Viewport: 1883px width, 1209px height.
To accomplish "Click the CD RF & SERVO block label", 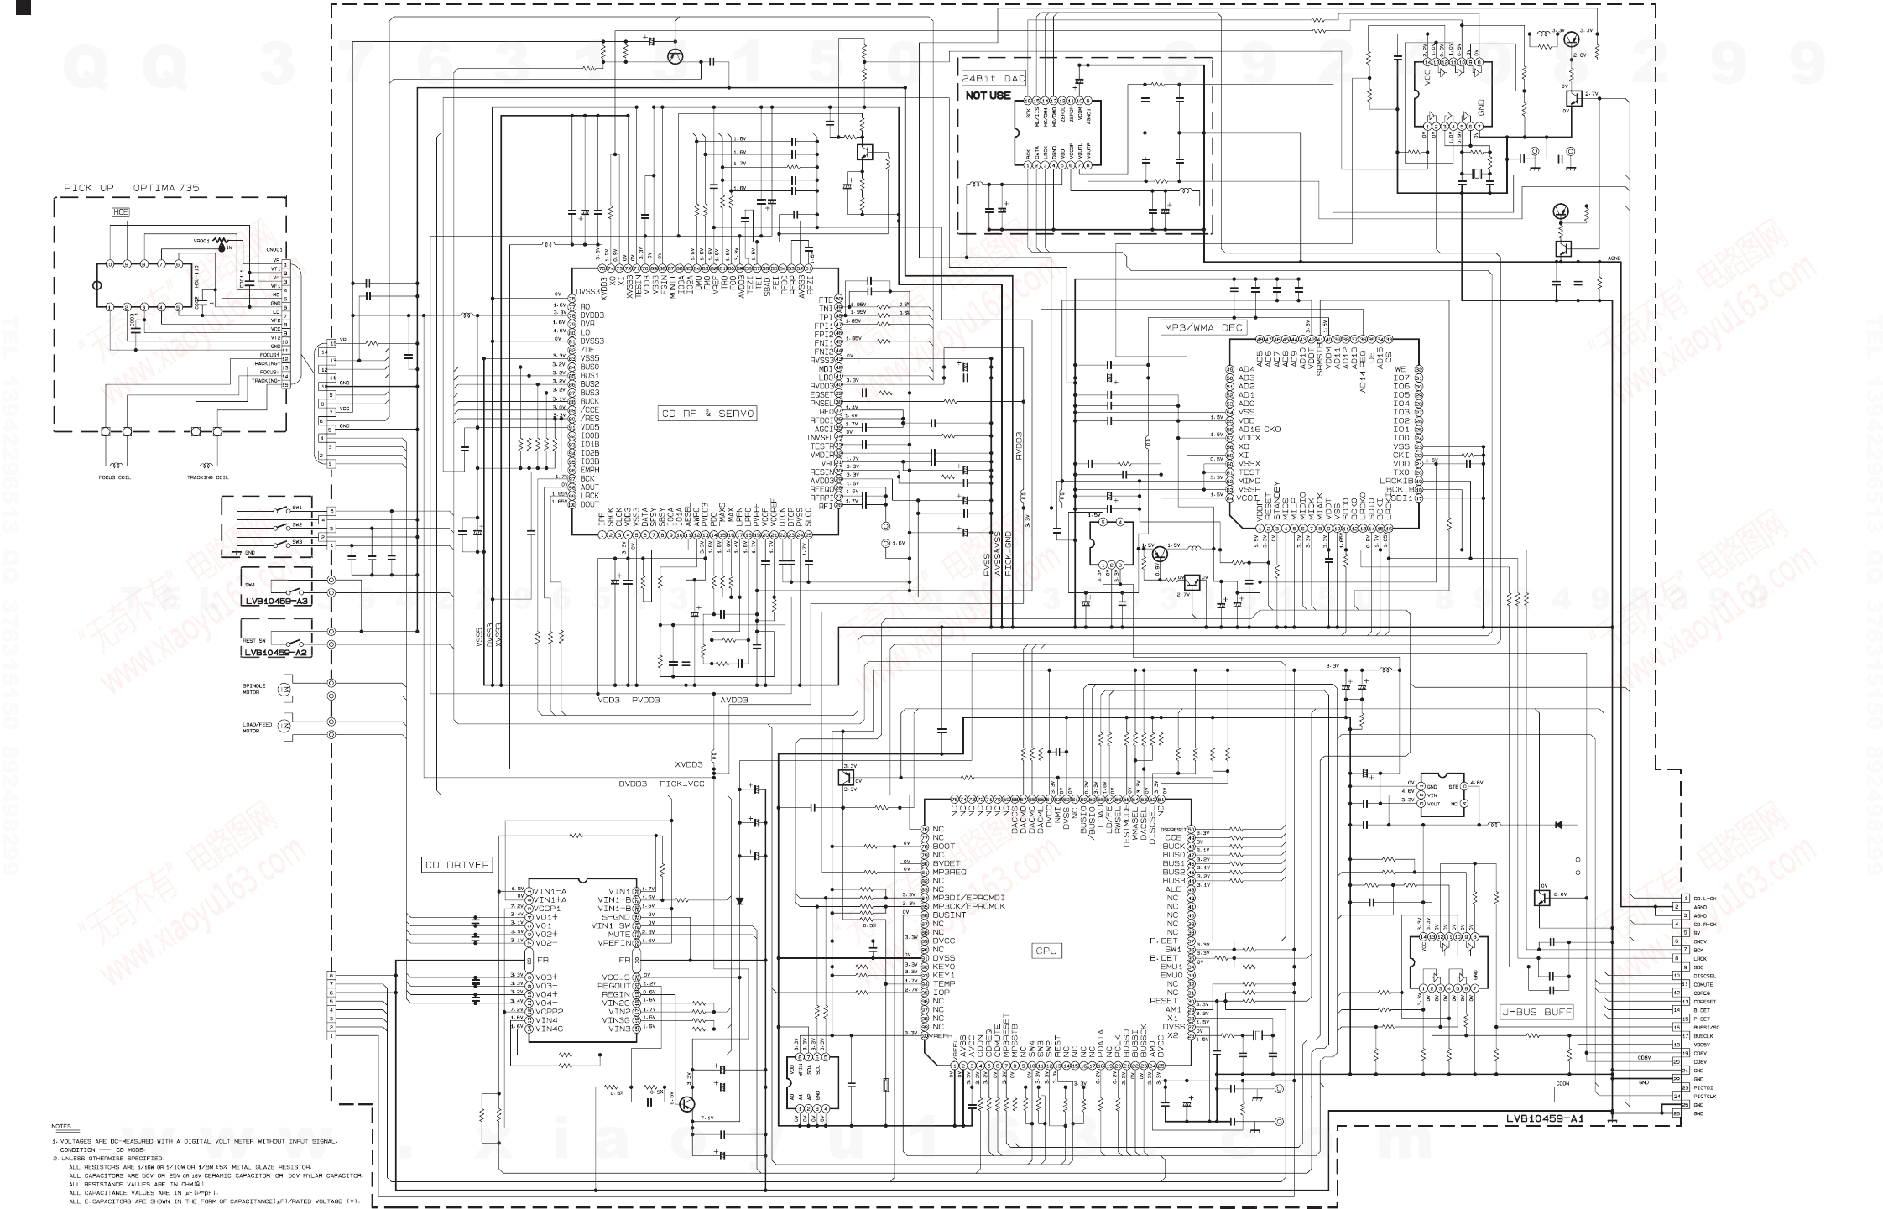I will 708,414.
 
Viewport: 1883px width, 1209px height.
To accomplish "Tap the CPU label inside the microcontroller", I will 1046,951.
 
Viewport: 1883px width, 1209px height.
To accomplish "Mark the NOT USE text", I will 988,96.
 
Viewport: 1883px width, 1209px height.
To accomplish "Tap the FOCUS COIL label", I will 115,477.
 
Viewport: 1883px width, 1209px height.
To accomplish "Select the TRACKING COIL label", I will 207,477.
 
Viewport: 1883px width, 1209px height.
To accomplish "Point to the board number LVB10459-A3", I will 277,601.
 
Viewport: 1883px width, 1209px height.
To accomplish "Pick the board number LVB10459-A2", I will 277,651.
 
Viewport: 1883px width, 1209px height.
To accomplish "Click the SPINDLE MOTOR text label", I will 254,689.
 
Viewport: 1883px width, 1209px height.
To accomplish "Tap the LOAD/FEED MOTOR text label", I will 257,727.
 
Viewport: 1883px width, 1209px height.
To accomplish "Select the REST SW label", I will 255,640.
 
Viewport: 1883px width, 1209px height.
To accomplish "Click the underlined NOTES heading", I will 61,1126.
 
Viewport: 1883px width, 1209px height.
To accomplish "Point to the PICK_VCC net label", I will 682,784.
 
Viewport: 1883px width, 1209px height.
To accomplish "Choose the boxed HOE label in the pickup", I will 122,212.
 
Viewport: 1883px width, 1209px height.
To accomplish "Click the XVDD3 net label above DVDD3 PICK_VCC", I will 688,764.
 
